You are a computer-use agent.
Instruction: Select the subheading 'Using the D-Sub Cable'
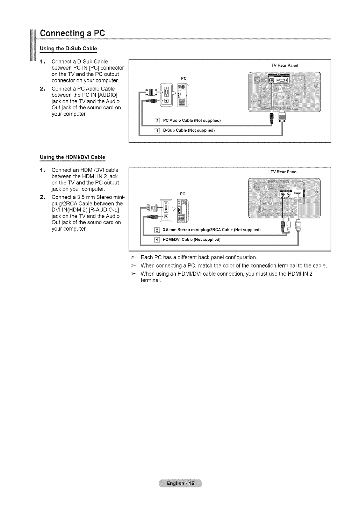tap(68, 48)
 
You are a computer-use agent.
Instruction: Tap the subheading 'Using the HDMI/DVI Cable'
tap(72, 157)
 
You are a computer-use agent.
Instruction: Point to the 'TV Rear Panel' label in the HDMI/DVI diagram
tap(284, 172)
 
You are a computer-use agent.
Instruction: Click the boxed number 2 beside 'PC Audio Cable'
tap(157, 121)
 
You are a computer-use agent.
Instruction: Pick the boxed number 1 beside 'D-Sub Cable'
tap(157, 131)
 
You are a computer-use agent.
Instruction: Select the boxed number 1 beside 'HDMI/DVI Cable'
tap(157, 240)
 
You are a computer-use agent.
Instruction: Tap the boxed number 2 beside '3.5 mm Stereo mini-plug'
tap(157, 230)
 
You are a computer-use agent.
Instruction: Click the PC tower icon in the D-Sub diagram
tap(183, 95)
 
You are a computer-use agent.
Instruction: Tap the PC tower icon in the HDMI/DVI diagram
tap(183, 210)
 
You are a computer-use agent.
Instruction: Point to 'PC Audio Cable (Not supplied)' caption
tap(192, 121)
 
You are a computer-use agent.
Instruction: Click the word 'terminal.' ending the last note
tap(150, 281)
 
